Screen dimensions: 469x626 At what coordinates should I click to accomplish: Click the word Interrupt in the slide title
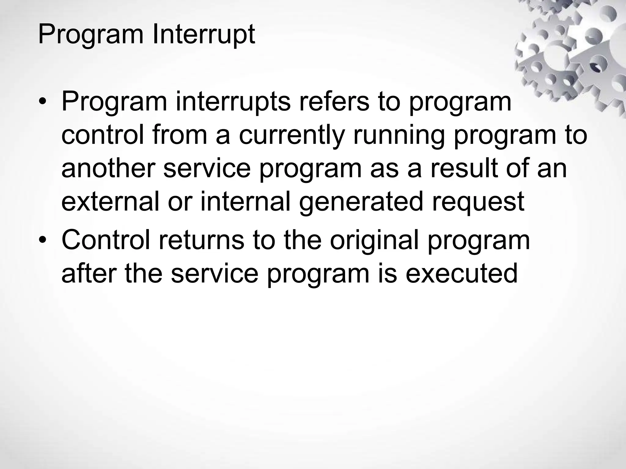click(203, 34)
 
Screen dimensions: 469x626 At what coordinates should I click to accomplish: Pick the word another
click(108, 169)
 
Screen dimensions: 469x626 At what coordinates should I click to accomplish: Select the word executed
click(461, 273)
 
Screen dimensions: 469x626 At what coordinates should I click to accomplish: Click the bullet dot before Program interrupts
click(43, 103)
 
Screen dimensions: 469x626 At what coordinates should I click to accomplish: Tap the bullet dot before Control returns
click(43, 241)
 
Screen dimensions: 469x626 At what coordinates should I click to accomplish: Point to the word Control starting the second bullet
click(106, 240)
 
